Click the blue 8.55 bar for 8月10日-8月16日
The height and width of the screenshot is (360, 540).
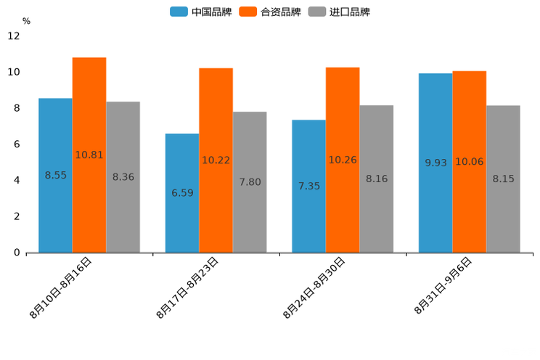click(55, 175)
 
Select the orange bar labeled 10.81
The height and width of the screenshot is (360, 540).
click(89, 155)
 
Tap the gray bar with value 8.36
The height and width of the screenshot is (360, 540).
click(123, 177)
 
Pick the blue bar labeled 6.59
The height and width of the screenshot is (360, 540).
click(182, 193)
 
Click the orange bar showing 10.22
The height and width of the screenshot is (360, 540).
click(216, 160)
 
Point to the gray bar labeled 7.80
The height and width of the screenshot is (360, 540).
click(250, 182)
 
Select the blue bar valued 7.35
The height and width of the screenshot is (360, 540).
click(308, 186)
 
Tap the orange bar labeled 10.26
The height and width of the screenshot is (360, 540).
click(343, 160)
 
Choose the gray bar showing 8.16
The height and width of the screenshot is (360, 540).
click(376, 179)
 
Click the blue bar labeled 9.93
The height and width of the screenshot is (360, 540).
click(435, 163)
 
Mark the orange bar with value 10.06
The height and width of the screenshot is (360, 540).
click(469, 162)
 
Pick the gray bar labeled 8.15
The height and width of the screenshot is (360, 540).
click(503, 179)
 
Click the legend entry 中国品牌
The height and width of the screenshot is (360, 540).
click(201, 12)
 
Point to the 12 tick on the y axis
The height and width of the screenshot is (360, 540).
click(14, 36)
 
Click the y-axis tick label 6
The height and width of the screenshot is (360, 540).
click(17, 144)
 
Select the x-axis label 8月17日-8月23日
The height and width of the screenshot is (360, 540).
click(188, 288)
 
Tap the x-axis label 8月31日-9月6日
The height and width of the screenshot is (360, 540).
click(443, 286)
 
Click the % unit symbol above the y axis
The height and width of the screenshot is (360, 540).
click(26, 21)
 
